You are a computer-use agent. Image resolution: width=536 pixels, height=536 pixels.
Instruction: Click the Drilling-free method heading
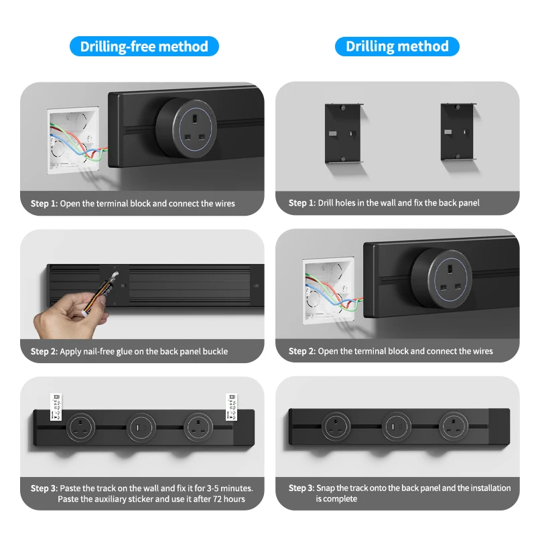(144, 46)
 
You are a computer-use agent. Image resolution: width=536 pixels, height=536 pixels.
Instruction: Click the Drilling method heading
(397, 46)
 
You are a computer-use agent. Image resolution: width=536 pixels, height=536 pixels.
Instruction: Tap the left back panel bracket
(344, 132)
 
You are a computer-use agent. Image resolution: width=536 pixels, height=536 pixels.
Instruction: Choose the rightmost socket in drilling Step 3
(452, 426)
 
